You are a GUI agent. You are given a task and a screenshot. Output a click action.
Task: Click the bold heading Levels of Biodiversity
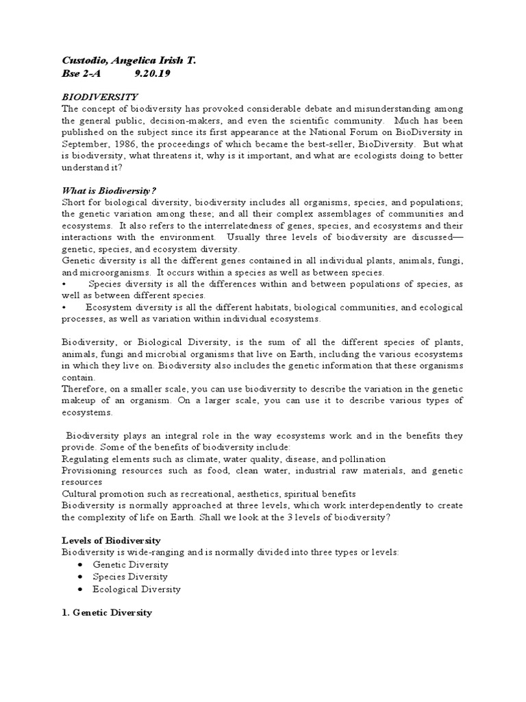(111, 540)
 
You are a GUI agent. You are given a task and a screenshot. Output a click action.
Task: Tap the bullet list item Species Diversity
(132, 577)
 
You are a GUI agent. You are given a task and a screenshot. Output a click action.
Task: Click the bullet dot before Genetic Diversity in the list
(82, 565)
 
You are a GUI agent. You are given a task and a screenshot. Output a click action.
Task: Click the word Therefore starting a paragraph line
(84, 389)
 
